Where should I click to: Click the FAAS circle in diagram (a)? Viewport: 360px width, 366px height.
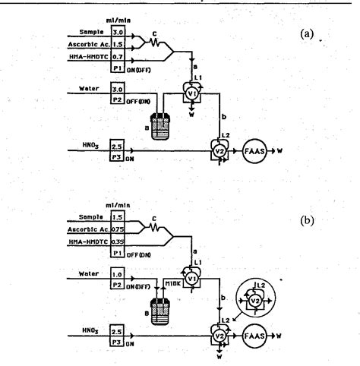pyautogui.click(x=254, y=150)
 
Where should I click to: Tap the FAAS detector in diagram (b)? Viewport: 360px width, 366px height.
pyautogui.click(x=254, y=333)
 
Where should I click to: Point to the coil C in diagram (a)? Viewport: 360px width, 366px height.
pyautogui.click(x=156, y=43)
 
